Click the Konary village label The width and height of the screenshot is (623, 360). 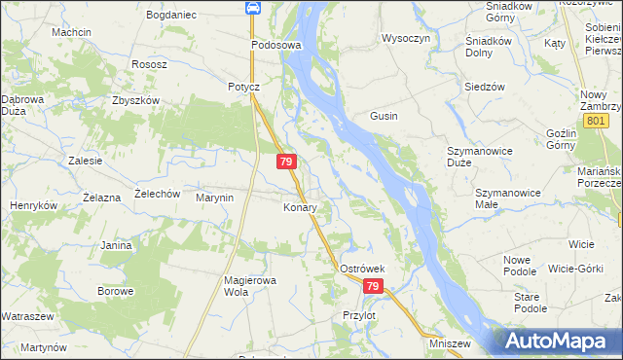(x=299, y=208)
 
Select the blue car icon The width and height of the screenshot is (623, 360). (x=252, y=9)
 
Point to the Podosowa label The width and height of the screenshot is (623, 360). (x=276, y=46)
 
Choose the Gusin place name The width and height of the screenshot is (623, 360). (x=383, y=116)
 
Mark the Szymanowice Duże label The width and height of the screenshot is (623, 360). (x=473, y=157)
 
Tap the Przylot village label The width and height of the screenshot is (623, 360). (x=359, y=315)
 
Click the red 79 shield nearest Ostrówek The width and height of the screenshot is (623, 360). (x=374, y=287)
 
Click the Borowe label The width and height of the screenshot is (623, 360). (x=115, y=291)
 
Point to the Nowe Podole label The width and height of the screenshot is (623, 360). (x=527, y=265)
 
